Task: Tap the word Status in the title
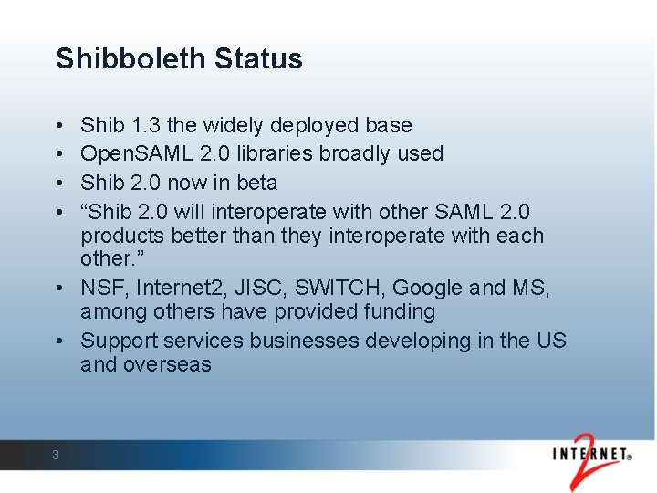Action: pos(258,59)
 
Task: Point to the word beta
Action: pos(255,183)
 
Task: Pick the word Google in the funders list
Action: pos(427,288)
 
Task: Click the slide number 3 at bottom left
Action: pos(56,455)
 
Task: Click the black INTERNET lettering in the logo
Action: pos(589,453)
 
